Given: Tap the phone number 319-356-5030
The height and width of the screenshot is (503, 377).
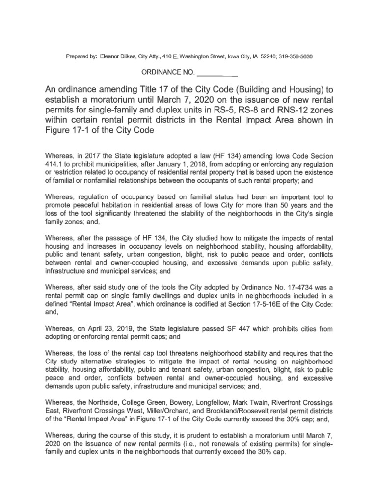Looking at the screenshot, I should tap(289, 56).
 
